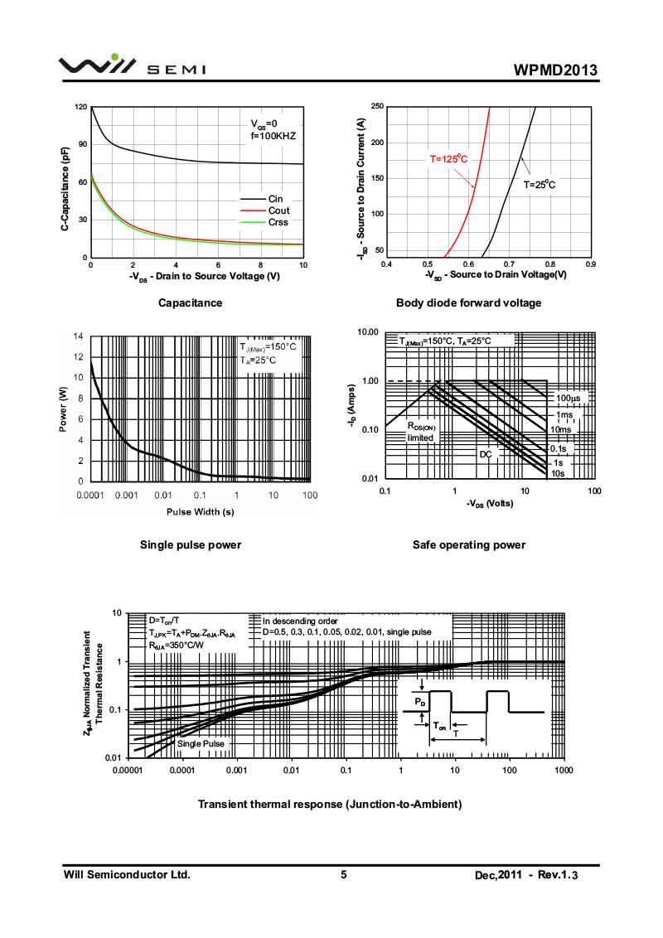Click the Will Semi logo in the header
click(x=133, y=66)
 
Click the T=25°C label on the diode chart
click(x=539, y=185)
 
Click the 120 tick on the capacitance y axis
click(x=80, y=108)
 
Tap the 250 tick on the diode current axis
click(x=377, y=107)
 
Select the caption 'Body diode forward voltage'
click(x=468, y=303)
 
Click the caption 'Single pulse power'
click(x=191, y=544)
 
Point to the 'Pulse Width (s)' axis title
click(x=200, y=511)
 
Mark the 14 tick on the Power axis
click(x=79, y=336)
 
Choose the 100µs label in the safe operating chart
click(x=569, y=399)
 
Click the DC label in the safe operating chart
click(x=486, y=454)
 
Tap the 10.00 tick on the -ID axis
click(x=366, y=332)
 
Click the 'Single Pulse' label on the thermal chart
click(x=201, y=743)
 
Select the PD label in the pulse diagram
click(x=420, y=703)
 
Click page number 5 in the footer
click(x=343, y=875)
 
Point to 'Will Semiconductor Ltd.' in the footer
click(x=127, y=875)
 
